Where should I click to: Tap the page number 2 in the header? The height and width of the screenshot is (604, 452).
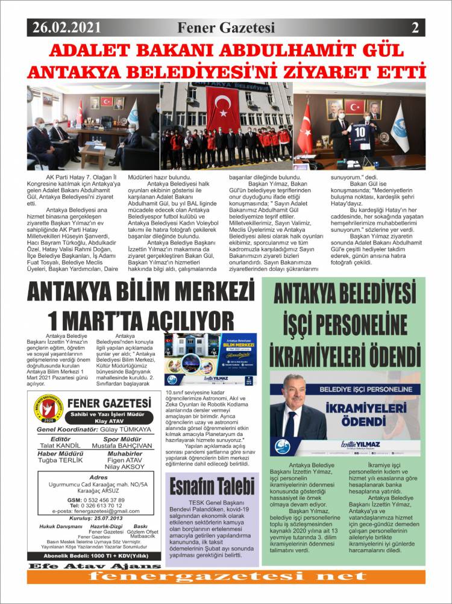coord(415,27)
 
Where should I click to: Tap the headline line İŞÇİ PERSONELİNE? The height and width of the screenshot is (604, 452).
coord(344,325)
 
